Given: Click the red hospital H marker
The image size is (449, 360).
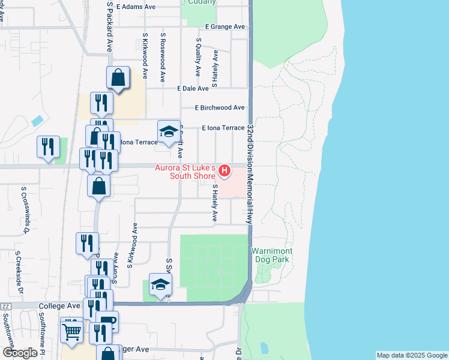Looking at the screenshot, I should point(224,171).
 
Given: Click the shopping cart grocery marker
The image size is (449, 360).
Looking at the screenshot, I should point(72,331).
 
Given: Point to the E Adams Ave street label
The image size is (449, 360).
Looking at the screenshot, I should point(136,7).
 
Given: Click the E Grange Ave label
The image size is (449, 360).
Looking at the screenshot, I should point(224,27).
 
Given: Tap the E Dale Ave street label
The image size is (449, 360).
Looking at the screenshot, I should point(193,88).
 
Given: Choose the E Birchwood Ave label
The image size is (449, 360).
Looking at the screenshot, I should point(220,108).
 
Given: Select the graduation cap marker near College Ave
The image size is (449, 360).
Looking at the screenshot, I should point(160,284).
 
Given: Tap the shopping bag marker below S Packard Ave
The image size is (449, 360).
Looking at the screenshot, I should point(118,77).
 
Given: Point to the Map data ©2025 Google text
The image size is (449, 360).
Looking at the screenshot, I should point(411,355).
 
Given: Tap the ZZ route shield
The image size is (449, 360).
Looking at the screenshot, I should point(6,306).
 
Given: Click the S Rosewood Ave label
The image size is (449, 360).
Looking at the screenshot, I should point(163,58).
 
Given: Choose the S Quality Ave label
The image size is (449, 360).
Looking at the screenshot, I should point(197,58).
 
